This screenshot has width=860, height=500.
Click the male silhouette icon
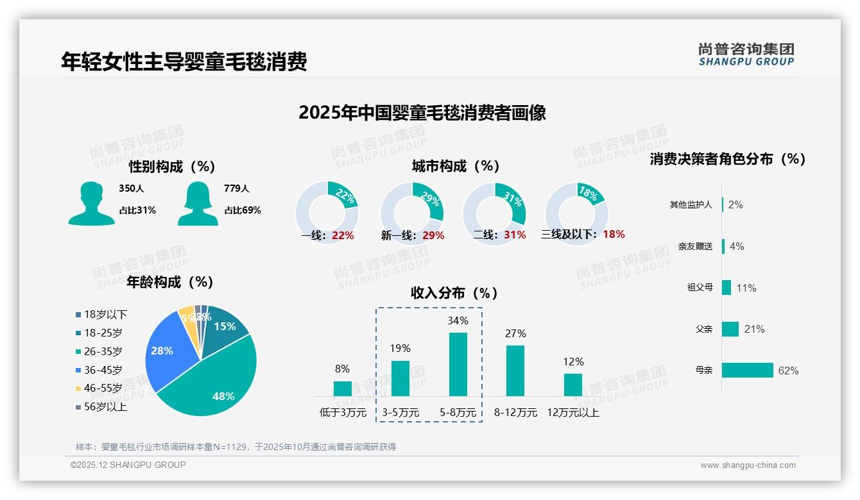click(91, 203)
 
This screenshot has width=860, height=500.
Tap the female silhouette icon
click(198, 203)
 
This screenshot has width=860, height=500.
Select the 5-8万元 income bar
click(458, 364)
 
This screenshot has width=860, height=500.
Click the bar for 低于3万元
click(343, 388)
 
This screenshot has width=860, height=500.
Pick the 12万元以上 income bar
click(573, 385)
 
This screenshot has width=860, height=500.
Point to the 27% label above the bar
click(515, 333)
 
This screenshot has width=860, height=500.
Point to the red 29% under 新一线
click(433, 236)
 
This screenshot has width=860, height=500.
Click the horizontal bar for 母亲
click(747, 371)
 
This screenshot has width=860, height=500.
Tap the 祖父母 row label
click(700, 288)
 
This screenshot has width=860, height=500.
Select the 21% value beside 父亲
click(754, 329)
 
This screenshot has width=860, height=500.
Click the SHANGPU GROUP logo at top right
click(746, 54)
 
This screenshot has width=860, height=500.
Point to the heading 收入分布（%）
click(454, 293)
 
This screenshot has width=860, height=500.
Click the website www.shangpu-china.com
click(748, 465)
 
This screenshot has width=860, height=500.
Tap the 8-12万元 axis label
click(515, 413)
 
